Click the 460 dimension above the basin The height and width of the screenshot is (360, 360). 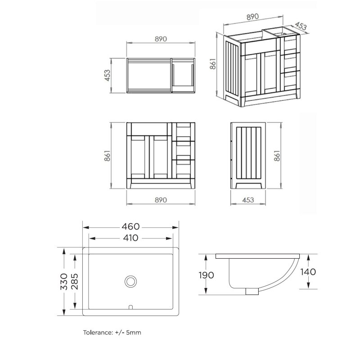130,227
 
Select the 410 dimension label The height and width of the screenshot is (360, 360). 130,238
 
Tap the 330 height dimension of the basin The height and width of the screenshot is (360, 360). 64,282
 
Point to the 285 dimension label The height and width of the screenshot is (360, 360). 75,282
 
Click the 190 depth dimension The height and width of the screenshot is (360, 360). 206,275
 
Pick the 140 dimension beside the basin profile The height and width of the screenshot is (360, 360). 308,272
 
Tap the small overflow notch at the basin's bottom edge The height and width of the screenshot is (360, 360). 130,307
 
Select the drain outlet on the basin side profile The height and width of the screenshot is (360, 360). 252,291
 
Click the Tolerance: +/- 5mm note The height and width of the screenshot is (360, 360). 112,333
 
